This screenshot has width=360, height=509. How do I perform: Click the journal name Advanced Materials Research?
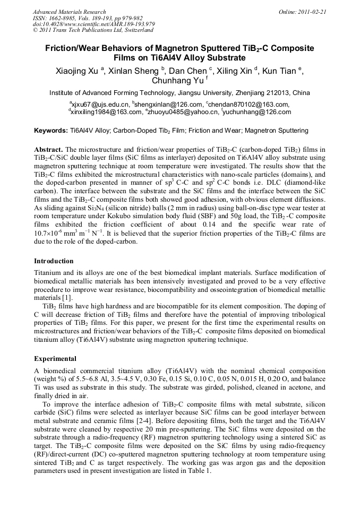pos(69,11)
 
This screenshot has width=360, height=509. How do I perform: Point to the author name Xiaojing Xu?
pos(77,71)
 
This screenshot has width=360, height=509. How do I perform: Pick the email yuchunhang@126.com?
pos(258,112)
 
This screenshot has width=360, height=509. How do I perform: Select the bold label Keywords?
pos(50,130)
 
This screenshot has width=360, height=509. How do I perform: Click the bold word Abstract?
pos(49,150)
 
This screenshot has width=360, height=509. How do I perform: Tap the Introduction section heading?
pos(54,261)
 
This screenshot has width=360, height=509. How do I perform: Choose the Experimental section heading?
pos(55,359)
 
